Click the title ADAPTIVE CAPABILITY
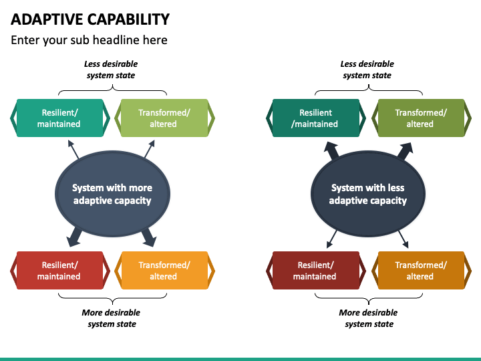[x=90, y=19]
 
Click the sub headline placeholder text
[x=89, y=40]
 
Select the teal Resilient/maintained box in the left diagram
[x=60, y=118]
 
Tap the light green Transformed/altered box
[x=164, y=118]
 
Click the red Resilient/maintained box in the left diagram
[x=60, y=271]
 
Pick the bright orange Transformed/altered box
[x=164, y=271]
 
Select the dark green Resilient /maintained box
[x=316, y=118]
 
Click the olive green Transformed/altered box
[x=421, y=118]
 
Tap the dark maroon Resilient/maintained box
[x=316, y=271]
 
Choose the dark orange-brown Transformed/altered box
[x=421, y=271]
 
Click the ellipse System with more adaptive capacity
[x=112, y=194]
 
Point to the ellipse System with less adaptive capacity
[x=368, y=194]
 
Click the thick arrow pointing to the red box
[x=75, y=237]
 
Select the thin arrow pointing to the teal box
[x=73, y=150]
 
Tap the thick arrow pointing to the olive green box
[x=406, y=150]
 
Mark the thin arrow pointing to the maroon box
[x=331, y=239]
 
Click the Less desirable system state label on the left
[x=111, y=70]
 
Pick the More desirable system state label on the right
[x=368, y=318]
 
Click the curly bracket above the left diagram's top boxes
[x=113, y=90]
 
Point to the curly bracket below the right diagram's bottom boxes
[x=369, y=298]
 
